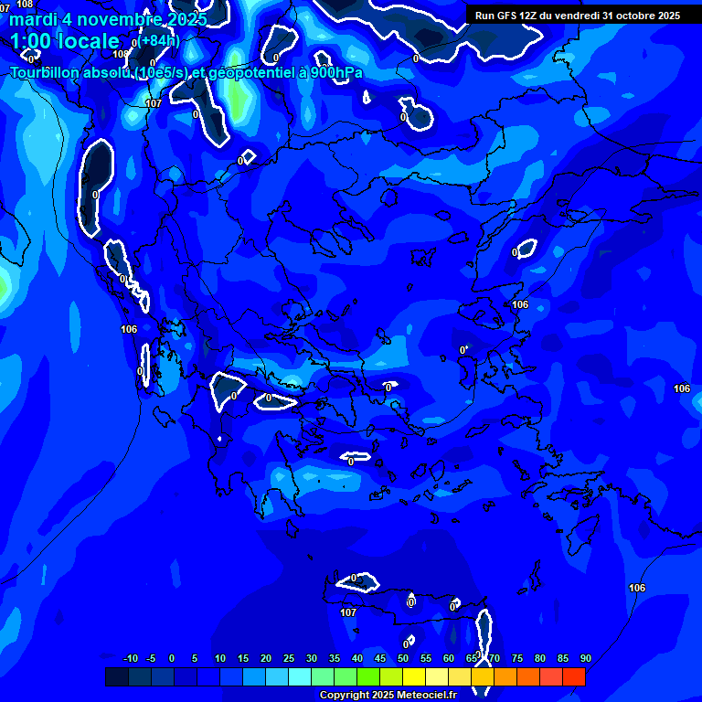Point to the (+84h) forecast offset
[x=160, y=40]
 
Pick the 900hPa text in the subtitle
[x=335, y=72]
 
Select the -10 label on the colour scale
[x=130, y=659]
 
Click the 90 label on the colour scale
[x=586, y=659]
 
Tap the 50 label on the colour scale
[x=403, y=659]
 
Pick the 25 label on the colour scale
[x=289, y=659]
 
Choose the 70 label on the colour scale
[x=495, y=659]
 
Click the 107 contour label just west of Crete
[x=347, y=612]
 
